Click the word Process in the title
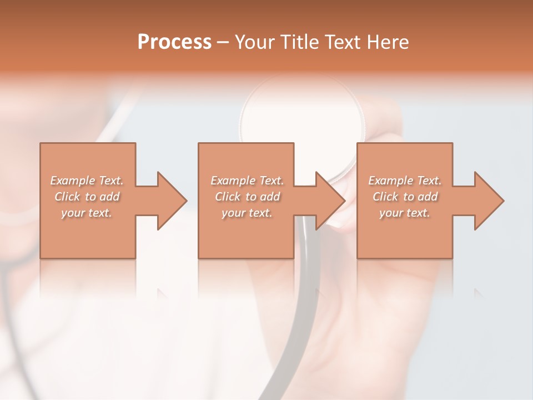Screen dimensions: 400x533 (x=174, y=42)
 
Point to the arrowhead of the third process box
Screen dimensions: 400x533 (x=488, y=201)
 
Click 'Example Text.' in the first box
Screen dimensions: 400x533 (x=87, y=181)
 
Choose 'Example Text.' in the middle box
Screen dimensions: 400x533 (x=247, y=181)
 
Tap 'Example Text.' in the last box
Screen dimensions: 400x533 (x=405, y=181)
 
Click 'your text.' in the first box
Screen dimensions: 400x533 (x=87, y=213)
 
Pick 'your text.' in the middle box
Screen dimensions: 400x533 (x=247, y=213)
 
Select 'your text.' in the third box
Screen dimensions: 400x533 (x=405, y=213)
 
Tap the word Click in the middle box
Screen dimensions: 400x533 (x=228, y=197)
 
